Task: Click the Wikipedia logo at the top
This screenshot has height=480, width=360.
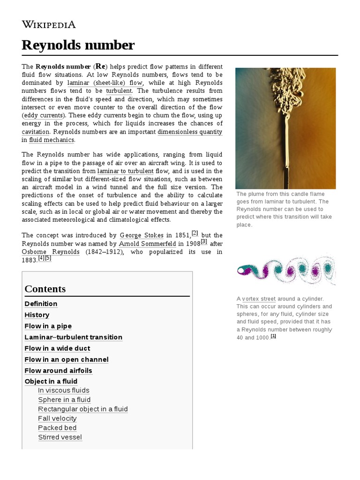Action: click(x=49, y=24)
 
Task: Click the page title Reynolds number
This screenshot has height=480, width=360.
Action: click(x=78, y=45)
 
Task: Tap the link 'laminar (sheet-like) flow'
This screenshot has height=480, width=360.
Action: click(x=105, y=83)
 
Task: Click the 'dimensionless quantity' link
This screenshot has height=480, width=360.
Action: click(x=190, y=132)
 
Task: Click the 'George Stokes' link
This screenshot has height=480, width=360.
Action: click(x=142, y=235)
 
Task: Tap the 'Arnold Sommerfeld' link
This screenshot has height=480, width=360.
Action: click(x=148, y=244)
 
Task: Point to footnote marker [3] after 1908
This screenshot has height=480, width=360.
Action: click(x=204, y=241)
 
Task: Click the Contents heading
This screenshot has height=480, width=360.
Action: click(x=45, y=289)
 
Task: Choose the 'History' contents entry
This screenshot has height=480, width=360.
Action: click(x=37, y=315)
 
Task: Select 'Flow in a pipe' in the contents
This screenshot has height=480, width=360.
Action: click(x=48, y=326)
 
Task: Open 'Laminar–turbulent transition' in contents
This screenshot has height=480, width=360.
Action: click(x=73, y=337)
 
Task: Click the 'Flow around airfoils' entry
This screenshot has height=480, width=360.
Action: click(x=58, y=371)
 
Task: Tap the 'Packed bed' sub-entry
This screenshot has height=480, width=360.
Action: click(x=57, y=428)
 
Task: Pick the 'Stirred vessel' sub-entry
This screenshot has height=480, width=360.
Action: click(x=60, y=437)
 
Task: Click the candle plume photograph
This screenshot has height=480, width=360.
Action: click(x=285, y=128)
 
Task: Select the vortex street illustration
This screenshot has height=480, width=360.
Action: click(x=286, y=270)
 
